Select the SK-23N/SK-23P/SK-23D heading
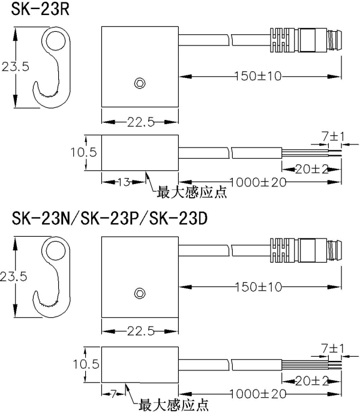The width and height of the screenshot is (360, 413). (109, 219)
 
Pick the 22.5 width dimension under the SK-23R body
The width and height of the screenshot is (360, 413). (140, 123)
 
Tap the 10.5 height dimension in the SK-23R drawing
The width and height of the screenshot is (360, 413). (83, 152)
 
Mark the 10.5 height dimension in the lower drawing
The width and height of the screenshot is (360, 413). (83, 363)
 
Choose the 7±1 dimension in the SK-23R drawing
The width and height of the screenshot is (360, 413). (332, 137)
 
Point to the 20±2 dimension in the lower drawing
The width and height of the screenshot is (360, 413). (311, 381)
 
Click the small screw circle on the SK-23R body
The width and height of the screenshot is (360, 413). (140, 82)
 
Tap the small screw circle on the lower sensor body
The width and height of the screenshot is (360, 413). (140, 293)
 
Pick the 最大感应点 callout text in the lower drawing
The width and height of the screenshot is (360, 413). (175, 405)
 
